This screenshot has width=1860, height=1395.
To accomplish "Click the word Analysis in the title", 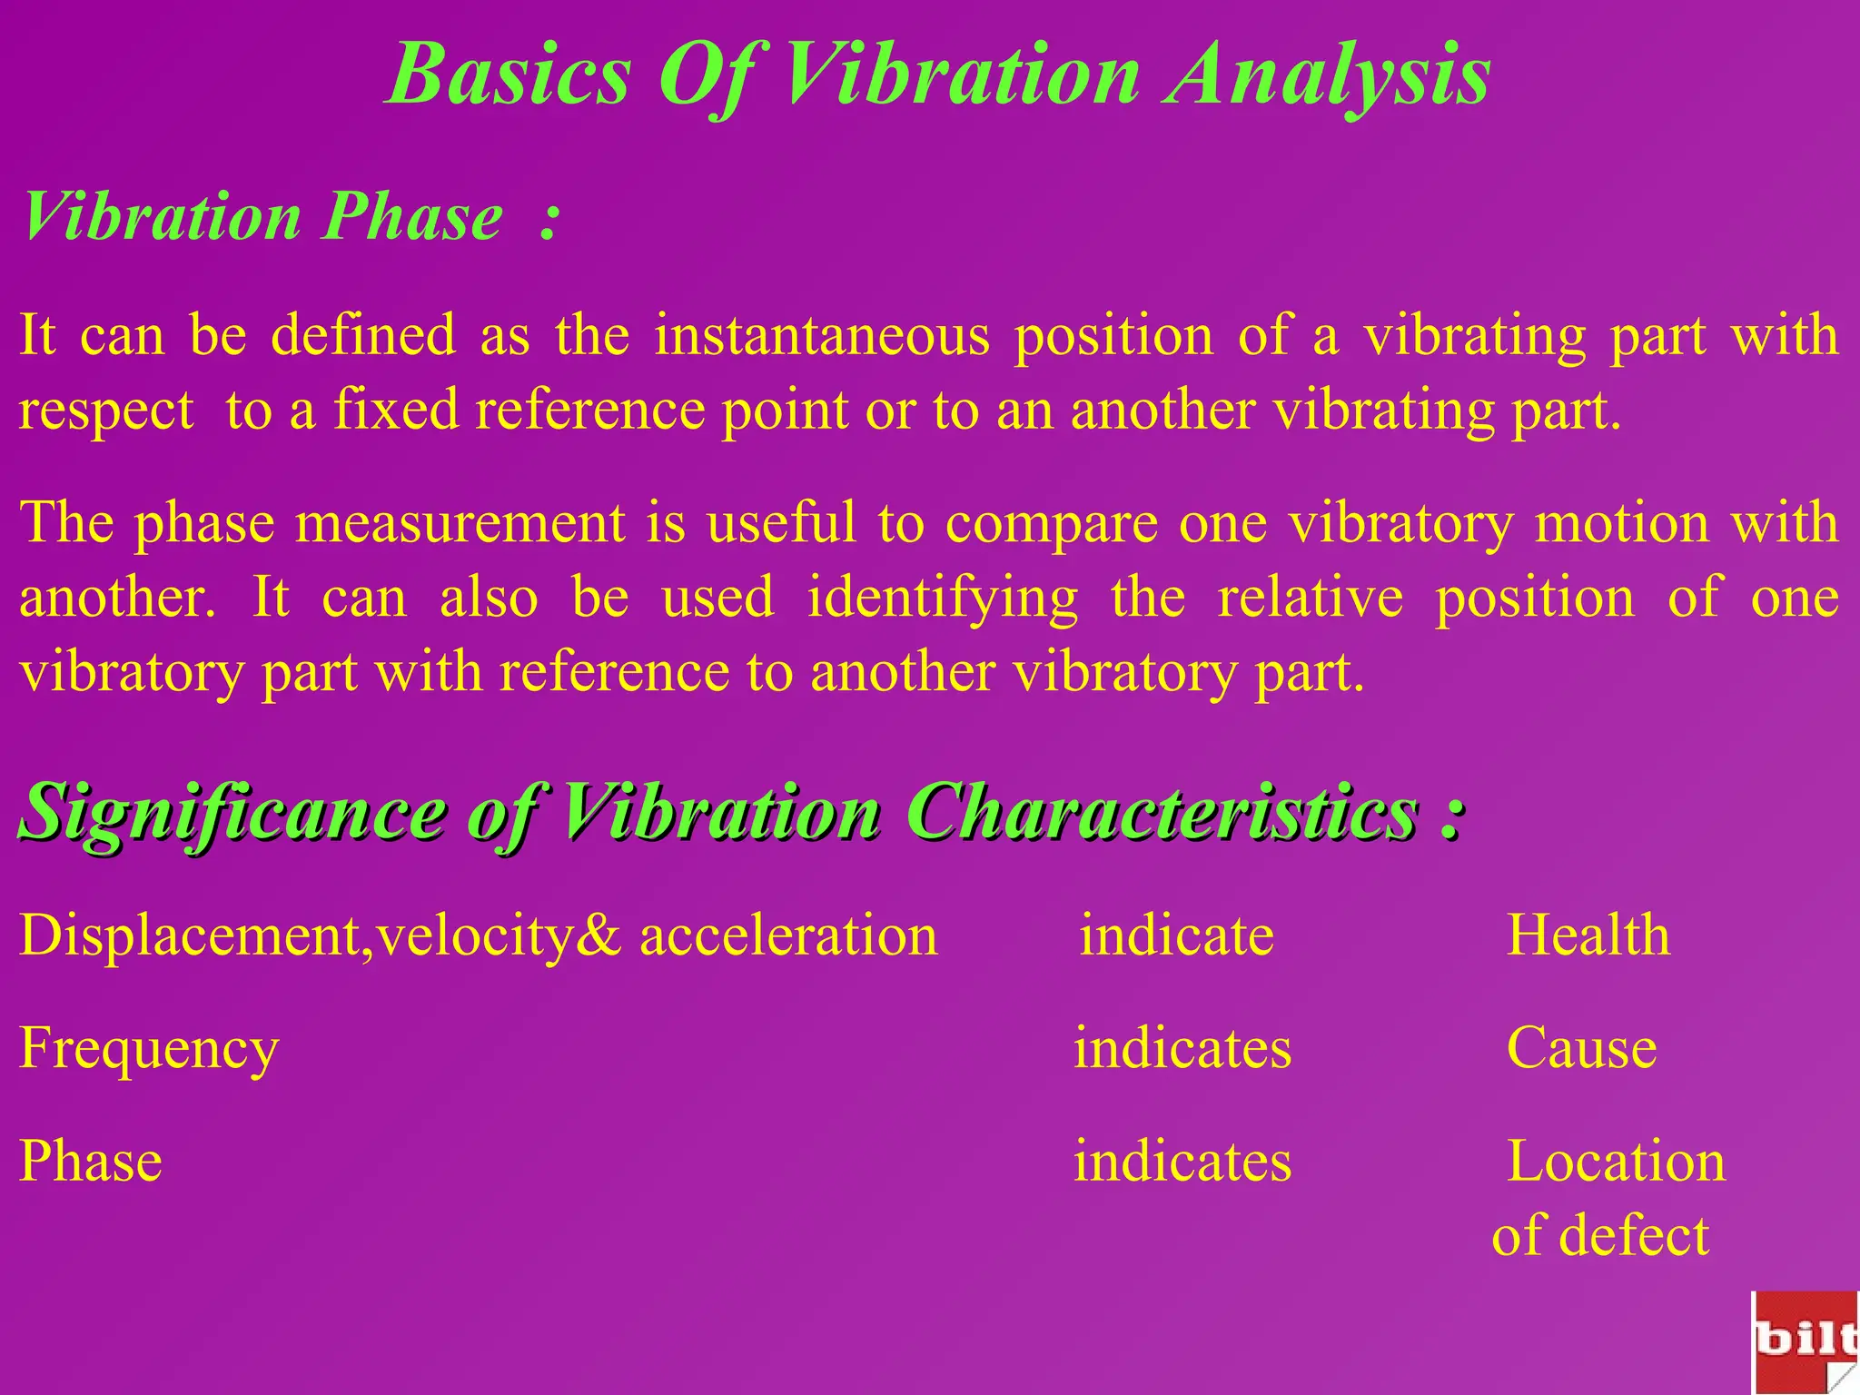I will (1329, 76).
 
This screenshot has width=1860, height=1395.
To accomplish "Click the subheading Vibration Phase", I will (263, 218).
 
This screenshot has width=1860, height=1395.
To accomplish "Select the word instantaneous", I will (822, 335).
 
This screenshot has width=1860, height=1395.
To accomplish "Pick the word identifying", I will (942, 599).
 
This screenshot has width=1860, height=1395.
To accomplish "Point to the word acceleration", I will (788, 935).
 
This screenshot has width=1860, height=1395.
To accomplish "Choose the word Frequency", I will (149, 1050).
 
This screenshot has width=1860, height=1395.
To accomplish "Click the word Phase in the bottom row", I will (91, 1162).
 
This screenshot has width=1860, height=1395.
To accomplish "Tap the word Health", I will (1588, 935).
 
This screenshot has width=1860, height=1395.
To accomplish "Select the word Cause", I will (1581, 1049).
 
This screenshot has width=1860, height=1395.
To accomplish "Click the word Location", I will (1616, 1162).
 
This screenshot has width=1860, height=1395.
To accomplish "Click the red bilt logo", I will (1805, 1342).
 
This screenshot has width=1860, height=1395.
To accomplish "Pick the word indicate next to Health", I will (1176, 935).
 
